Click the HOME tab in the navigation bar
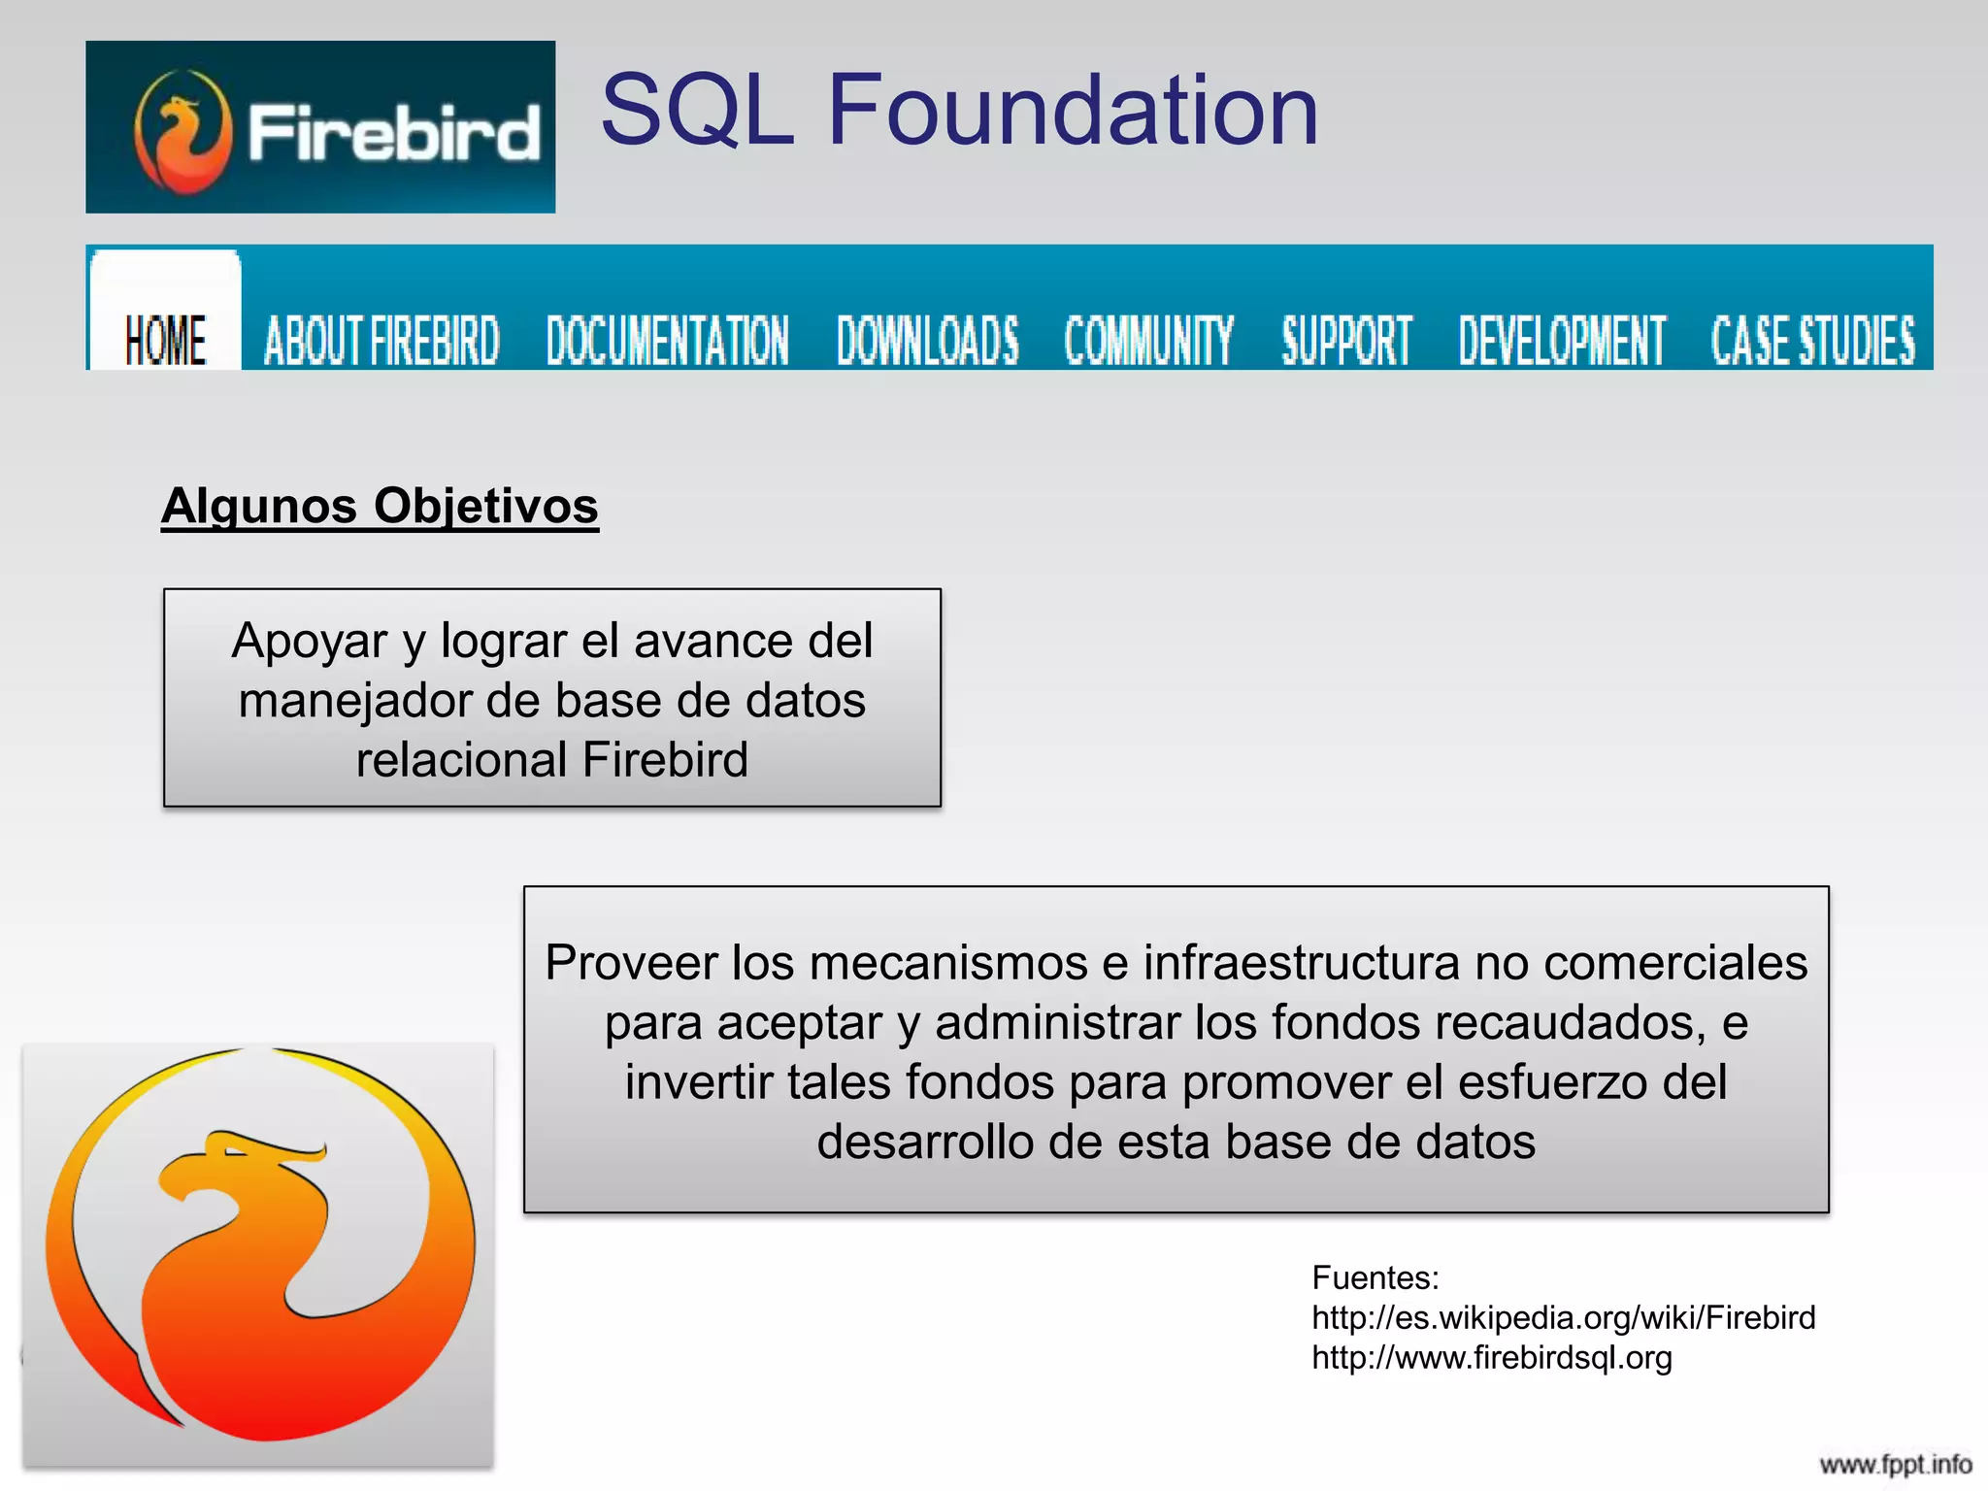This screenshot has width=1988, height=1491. click(165, 340)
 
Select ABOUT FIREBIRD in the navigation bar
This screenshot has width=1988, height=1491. click(381, 340)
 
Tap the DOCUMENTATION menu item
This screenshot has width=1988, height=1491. click(668, 340)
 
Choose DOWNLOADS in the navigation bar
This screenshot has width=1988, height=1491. click(928, 340)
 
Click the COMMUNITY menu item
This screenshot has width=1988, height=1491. click(1149, 340)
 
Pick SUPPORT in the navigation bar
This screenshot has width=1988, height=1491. click(1346, 340)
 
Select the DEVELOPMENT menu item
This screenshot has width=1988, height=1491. click(1562, 340)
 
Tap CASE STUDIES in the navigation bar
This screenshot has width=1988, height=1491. click(1813, 340)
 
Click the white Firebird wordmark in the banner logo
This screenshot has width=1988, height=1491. click(393, 133)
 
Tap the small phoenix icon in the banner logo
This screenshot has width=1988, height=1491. click(183, 132)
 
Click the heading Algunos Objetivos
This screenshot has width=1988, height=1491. click(380, 506)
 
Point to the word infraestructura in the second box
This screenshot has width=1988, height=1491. click(1301, 963)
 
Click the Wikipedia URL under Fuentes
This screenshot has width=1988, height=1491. click(1563, 1317)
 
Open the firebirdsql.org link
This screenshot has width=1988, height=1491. click(1492, 1357)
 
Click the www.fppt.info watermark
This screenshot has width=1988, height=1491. click(1895, 1464)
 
